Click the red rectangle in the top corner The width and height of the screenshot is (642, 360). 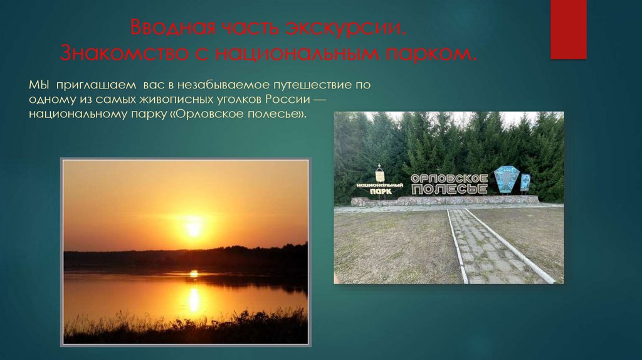[x=568, y=29]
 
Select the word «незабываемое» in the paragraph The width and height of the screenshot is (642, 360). [x=229, y=84]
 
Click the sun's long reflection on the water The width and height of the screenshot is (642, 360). [x=194, y=300]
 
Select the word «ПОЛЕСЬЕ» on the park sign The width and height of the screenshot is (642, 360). [x=449, y=189]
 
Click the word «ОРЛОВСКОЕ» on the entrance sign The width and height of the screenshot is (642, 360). [x=449, y=178]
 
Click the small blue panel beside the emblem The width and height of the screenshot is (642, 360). [x=525, y=182]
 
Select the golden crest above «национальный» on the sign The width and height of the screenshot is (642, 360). [x=379, y=174]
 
